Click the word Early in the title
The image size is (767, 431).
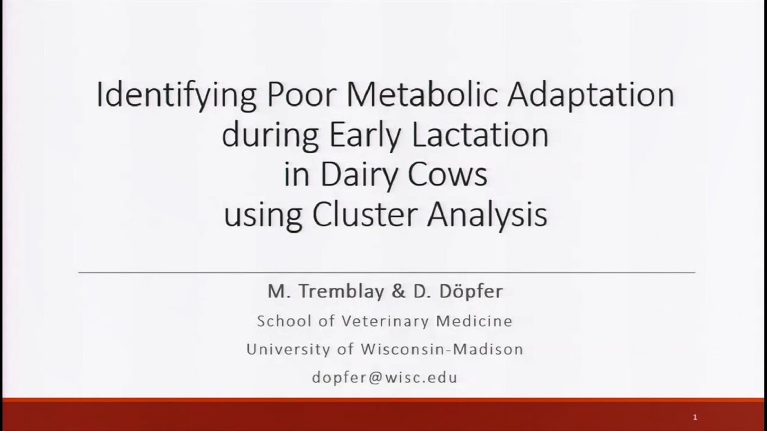tap(367, 136)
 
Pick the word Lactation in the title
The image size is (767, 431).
tap(480, 136)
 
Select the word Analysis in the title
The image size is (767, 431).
tap(487, 214)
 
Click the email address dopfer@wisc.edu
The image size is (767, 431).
tap(385, 377)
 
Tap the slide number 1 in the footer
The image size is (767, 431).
tap(695, 417)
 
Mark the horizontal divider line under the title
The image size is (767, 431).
tap(386, 272)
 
